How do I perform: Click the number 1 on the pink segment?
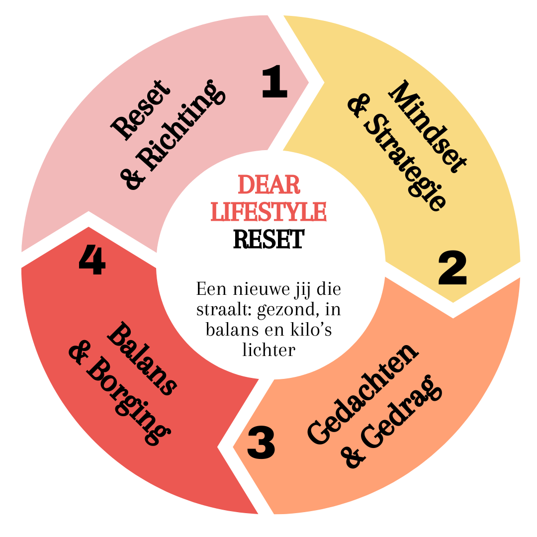[274, 83]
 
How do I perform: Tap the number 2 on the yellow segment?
[452, 269]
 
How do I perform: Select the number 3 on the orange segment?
[261, 444]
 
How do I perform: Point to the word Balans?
[142, 359]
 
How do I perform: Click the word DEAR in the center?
[269, 185]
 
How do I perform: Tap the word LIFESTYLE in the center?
[268, 211]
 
